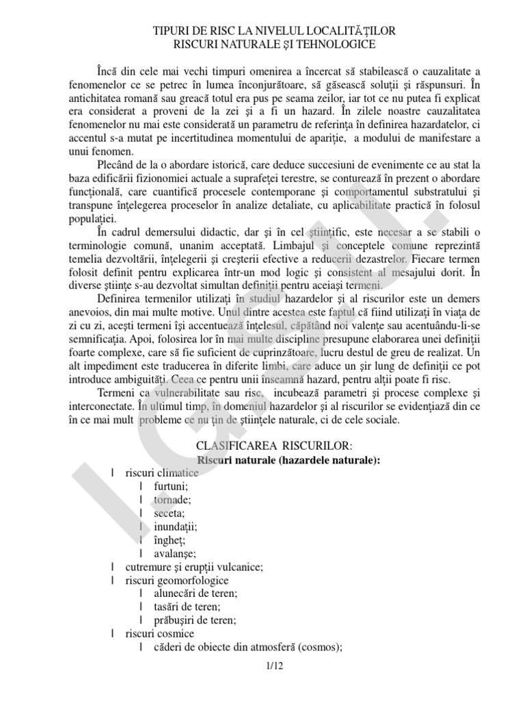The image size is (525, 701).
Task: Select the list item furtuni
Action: pyautogui.click(x=171, y=486)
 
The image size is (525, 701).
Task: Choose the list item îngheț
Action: pyautogui.click(x=170, y=539)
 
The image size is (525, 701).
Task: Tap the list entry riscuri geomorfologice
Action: pyautogui.click(x=176, y=580)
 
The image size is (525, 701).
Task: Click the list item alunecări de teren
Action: pyautogui.click(x=195, y=594)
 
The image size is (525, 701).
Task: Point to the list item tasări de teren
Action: pyautogui.click(x=187, y=607)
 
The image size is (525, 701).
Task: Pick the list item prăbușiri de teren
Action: pyautogui.click(x=195, y=620)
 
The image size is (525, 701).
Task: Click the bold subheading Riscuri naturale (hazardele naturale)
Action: pyautogui.click(x=288, y=460)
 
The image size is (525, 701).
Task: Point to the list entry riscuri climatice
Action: pyautogui.click(x=162, y=473)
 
